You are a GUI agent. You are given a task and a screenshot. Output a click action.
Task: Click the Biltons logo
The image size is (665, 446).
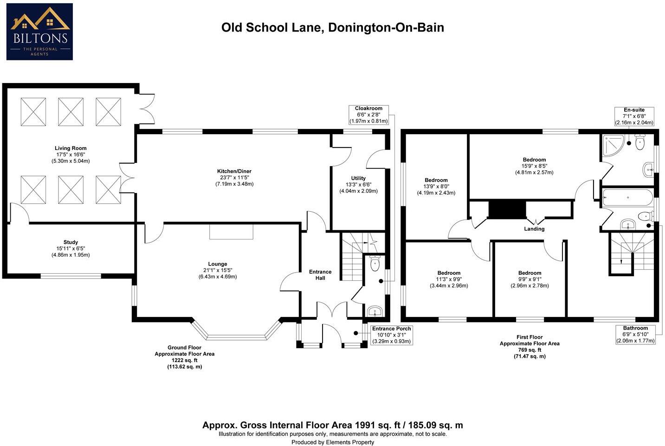point(39,32)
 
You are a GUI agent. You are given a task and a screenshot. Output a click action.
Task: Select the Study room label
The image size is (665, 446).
point(71,248)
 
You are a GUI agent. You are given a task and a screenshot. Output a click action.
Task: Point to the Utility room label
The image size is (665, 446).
point(358,184)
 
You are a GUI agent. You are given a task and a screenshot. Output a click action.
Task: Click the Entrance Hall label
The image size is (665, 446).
point(320,275)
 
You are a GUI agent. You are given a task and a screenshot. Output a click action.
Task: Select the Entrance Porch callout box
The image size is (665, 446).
point(392,335)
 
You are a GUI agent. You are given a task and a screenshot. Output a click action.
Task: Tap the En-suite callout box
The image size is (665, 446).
point(634,116)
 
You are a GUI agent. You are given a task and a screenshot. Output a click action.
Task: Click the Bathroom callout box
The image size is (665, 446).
point(635,334)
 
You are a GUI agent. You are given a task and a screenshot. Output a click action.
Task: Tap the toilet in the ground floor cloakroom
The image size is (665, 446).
point(375,264)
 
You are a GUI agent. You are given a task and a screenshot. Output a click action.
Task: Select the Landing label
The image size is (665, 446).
point(534,229)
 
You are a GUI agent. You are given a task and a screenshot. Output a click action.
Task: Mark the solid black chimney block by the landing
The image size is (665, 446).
point(507,209)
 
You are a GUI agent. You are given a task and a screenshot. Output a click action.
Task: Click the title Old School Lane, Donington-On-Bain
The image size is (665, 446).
point(332,28)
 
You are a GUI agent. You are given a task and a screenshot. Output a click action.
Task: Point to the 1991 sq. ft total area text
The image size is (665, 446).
point(332,425)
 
